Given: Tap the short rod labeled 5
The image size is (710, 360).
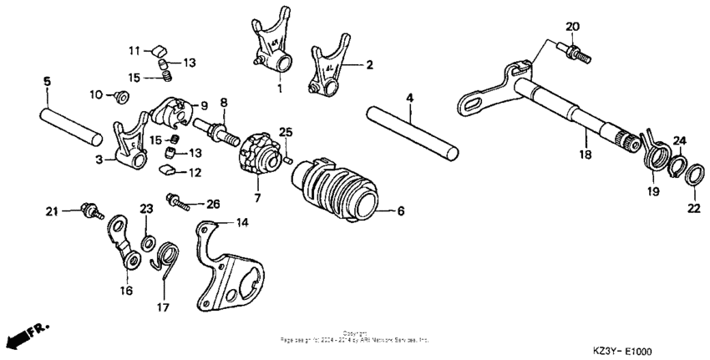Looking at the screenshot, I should (71, 120).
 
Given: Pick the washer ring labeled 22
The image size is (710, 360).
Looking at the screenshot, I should (692, 176).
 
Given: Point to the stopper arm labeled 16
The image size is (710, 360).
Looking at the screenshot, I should (125, 242).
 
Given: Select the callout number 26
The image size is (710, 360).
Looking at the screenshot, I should (212, 203).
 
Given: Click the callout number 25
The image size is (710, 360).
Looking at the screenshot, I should (285, 132).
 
